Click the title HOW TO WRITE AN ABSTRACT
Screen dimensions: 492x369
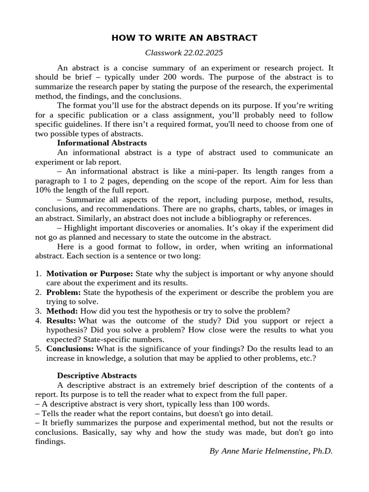[184, 38]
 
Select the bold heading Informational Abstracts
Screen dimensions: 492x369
[102, 143]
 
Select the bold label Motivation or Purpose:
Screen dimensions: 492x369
[89, 273]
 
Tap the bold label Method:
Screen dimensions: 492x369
[62, 311]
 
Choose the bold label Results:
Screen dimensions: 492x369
[61, 320]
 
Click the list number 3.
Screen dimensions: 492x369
[37, 311]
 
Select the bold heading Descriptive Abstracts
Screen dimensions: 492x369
[97, 375]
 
